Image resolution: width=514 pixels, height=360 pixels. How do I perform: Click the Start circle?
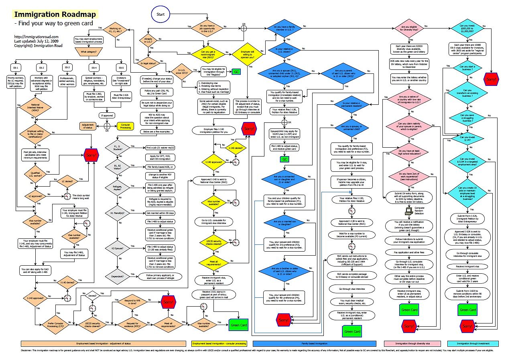tap(161, 14)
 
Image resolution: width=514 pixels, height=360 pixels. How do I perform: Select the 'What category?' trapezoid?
tap(88, 52)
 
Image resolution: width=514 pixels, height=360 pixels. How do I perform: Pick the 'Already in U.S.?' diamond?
tap(146, 40)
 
